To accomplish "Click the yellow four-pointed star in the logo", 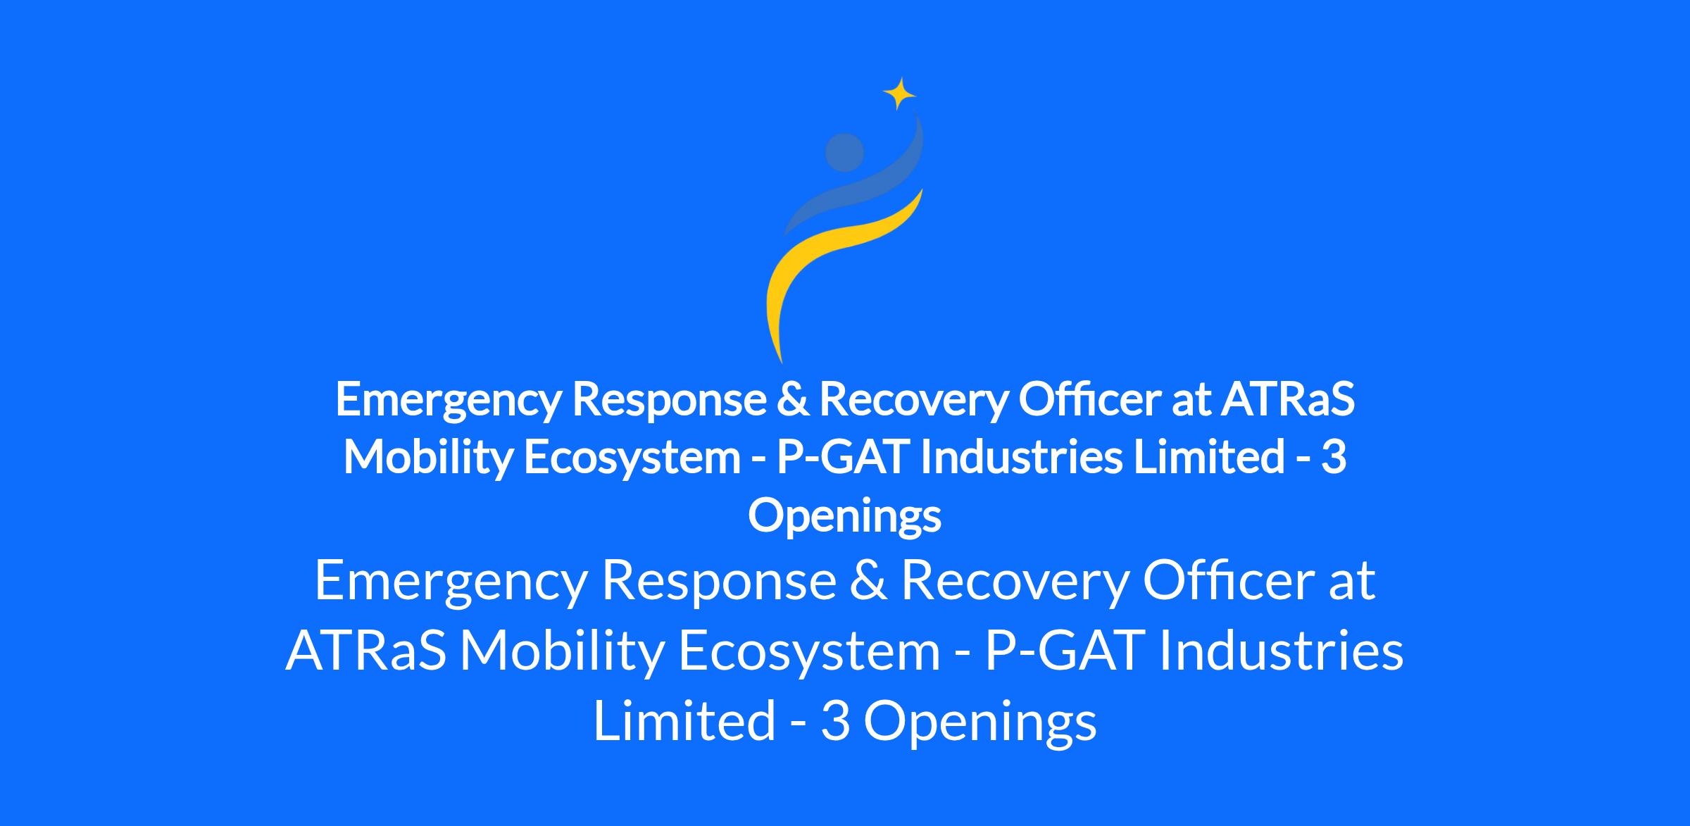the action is pos(899,93).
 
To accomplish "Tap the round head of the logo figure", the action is pos(844,152).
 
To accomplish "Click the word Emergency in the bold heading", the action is pos(448,400).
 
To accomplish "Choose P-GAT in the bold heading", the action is pos(843,457).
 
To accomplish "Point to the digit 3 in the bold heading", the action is pos(1334,457).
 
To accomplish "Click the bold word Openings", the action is pos(844,516).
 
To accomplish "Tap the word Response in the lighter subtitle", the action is pos(718,582).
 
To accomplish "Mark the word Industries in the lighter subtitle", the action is pos(1281,651).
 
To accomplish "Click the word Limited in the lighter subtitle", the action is pos(684,720).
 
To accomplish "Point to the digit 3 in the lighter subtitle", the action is pos(836,721).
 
